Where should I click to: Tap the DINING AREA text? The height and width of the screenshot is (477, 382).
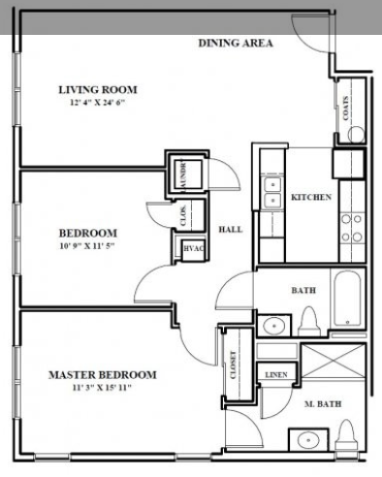click(236, 43)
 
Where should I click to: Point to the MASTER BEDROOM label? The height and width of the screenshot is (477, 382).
click(102, 374)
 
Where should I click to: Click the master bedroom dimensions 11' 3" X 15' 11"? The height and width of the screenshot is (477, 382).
click(102, 387)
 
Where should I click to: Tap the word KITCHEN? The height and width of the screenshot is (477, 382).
click(311, 198)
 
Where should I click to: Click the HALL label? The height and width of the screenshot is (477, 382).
click(230, 229)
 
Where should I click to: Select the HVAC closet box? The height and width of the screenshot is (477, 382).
click(191, 249)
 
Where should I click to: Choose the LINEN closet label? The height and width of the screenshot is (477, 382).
click(273, 374)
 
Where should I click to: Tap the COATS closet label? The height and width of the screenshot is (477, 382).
click(347, 109)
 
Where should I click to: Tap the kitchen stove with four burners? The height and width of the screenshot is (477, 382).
click(350, 226)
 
